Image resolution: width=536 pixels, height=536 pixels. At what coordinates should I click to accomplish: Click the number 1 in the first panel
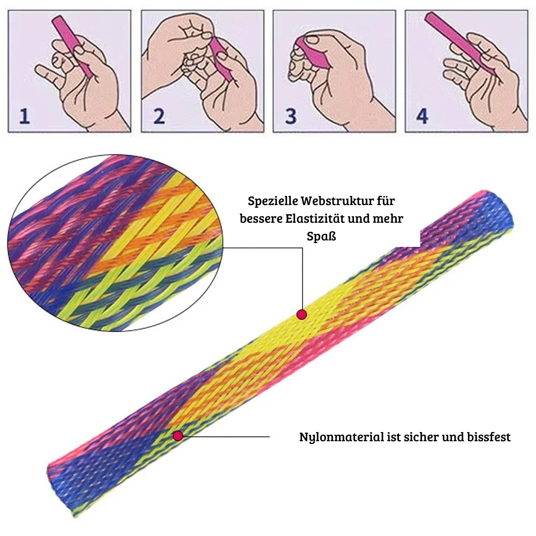point(24,116)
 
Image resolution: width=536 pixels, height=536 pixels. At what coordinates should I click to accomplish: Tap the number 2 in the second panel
point(158,116)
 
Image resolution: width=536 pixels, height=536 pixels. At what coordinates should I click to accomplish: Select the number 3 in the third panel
point(290,116)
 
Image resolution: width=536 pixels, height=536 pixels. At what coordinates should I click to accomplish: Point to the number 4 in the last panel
point(422,116)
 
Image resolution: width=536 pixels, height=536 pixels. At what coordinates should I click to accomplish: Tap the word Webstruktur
point(333,202)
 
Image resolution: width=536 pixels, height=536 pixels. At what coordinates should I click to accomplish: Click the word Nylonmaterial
point(340,437)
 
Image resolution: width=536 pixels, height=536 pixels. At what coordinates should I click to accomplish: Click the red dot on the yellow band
point(301,314)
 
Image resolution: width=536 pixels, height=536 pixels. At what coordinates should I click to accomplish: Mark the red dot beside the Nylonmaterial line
point(178,436)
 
